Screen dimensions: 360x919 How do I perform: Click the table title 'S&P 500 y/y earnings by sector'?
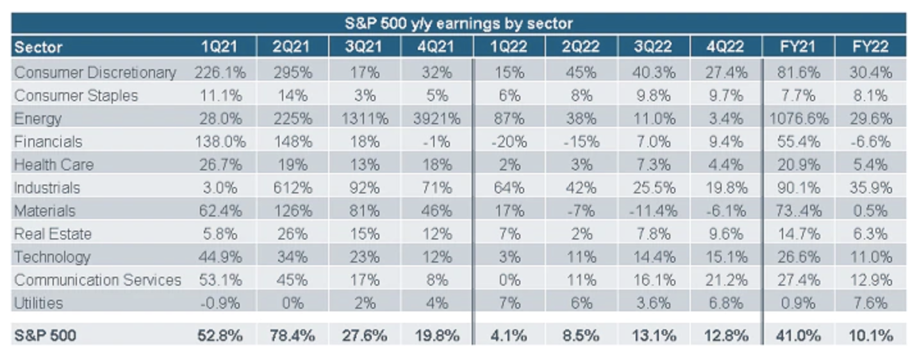[458, 24]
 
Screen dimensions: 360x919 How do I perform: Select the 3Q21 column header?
[364, 47]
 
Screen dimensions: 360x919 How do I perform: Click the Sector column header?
[38, 47]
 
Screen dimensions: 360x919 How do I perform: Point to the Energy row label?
[38, 119]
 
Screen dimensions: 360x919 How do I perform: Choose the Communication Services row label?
[97, 280]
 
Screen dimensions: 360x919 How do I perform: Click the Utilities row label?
[38, 303]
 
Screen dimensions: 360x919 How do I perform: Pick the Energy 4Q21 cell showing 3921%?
[437, 119]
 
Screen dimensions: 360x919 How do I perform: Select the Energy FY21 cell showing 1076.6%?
[797, 119]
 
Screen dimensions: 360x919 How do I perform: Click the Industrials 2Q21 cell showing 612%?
[292, 188]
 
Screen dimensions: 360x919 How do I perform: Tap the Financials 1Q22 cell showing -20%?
[509, 142]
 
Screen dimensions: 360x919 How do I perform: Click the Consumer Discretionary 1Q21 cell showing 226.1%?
[218, 72]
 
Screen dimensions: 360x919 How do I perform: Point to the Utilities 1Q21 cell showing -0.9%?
[220, 303]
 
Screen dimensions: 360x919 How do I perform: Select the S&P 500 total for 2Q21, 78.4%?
[292, 335]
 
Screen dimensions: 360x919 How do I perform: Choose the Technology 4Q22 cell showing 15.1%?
[725, 257]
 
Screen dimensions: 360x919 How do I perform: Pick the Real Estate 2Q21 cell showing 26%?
[292, 234]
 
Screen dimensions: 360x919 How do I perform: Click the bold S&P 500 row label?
[45, 335]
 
